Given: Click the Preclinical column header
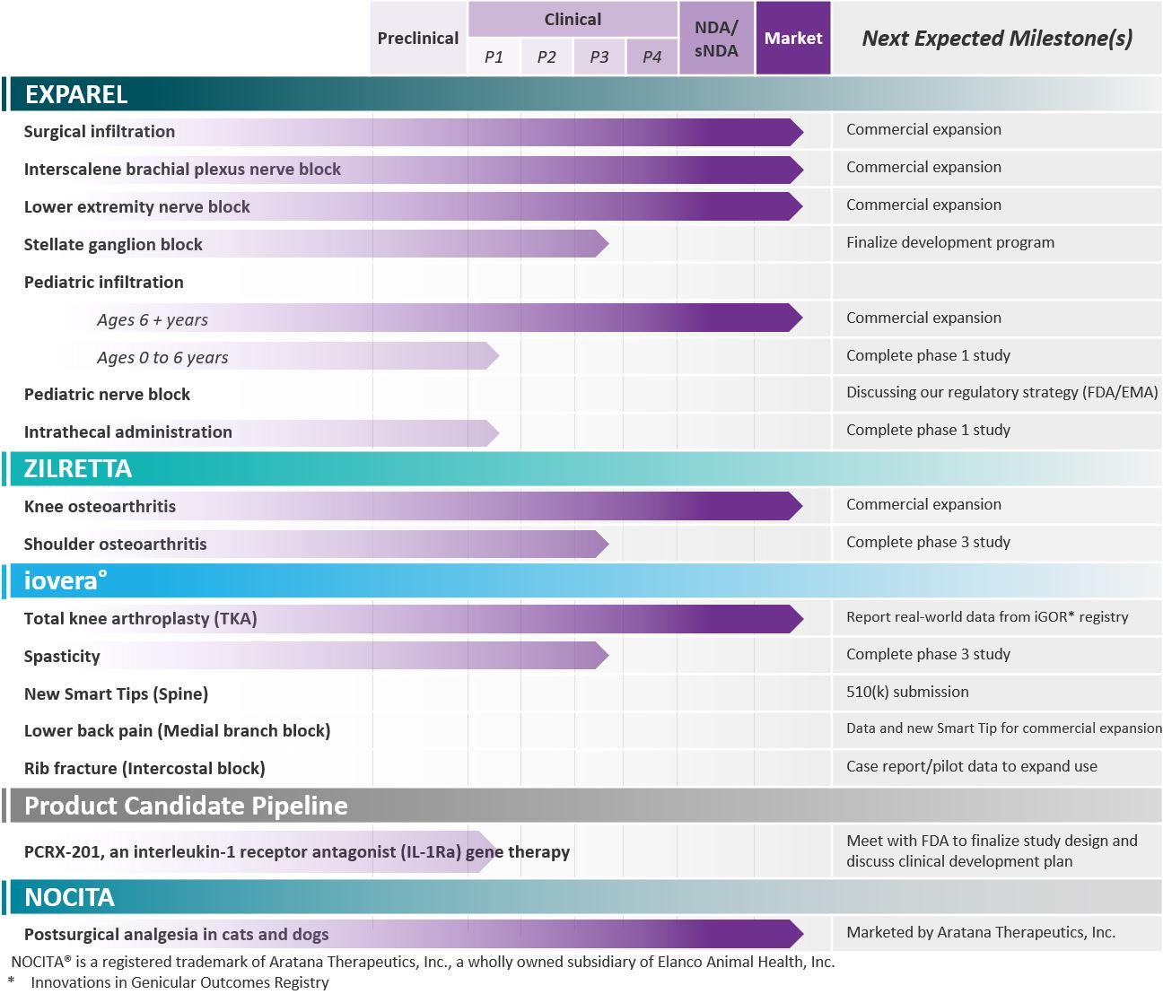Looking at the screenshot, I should [x=417, y=39].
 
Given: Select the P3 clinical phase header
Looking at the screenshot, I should [x=599, y=57].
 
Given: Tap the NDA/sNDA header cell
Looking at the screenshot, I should [x=716, y=39].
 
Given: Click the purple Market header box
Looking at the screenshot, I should [x=793, y=39].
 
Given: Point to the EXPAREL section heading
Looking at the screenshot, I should [x=76, y=94].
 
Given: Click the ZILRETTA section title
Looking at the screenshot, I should [x=78, y=468].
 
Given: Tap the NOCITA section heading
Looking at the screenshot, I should [x=70, y=897].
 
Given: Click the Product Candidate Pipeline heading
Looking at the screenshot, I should [x=186, y=806].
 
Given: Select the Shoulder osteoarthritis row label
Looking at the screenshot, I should [x=116, y=544].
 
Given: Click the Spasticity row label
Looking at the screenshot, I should [x=62, y=656].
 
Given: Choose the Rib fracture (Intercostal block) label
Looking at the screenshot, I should [x=144, y=768].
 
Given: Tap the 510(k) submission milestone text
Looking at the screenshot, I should [x=907, y=692].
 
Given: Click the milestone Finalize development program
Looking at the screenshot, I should [x=949, y=242].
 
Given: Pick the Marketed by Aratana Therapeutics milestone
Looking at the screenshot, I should [x=981, y=932].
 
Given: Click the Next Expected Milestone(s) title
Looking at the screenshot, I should [x=997, y=39].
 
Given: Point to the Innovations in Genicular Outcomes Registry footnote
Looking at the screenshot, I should [x=179, y=982].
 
